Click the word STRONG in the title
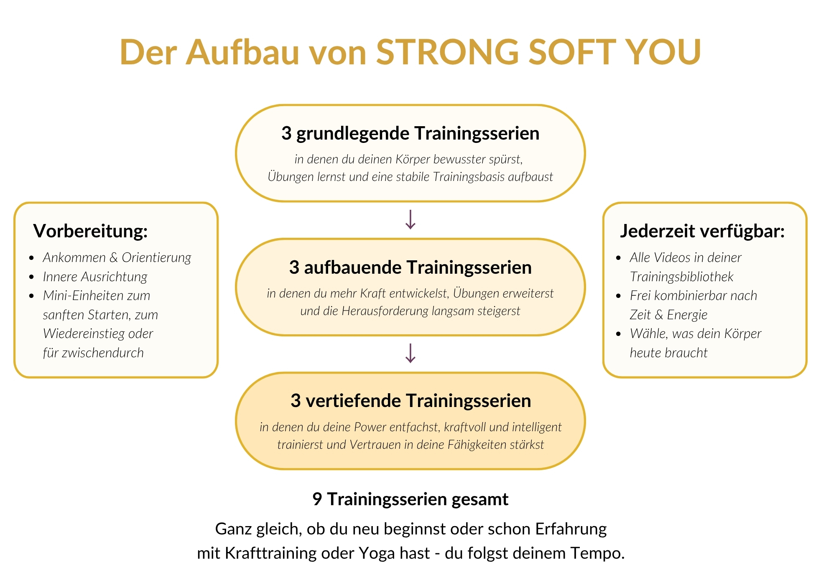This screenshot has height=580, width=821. pos(447,52)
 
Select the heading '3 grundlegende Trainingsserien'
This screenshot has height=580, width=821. pos(410,134)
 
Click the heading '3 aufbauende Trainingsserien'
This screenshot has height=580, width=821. pos(410,267)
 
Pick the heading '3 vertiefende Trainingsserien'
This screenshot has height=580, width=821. pos(410,401)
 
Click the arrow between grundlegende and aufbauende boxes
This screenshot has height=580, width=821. pos(410,219)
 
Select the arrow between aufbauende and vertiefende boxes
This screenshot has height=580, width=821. pos(410,353)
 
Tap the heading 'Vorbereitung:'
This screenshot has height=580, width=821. pos(91,231)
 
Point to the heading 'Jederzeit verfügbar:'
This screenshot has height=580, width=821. pos(702,231)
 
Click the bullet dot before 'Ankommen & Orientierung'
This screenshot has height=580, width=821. pos(32,258)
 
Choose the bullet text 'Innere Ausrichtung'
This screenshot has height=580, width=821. pos(95,277)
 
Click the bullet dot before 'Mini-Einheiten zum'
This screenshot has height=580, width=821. pos(32,296)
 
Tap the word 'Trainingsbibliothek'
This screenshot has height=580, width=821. pos(681,277)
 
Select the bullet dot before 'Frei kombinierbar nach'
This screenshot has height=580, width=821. pos(619,296)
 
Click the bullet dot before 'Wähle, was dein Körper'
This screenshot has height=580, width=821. pos(619,334)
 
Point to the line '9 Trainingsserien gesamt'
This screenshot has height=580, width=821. pos(410,499)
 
